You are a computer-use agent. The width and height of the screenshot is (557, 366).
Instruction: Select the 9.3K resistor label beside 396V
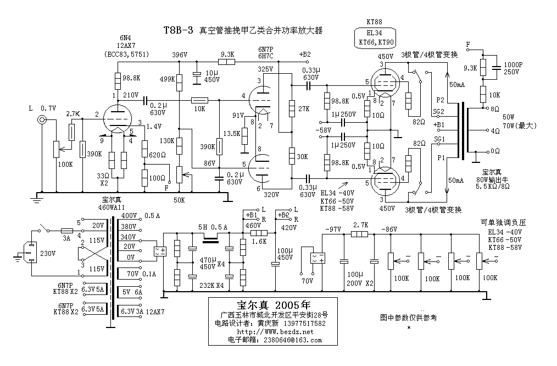[x=227, y=54]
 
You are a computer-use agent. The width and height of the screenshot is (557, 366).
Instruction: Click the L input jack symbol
[x=41, y=120]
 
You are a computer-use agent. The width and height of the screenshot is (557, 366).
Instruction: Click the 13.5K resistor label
[x=232, y=134]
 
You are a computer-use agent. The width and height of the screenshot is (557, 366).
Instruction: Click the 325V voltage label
[x=265, y=69]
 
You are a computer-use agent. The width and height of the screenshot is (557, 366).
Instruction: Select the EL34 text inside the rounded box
[x=374, y=32]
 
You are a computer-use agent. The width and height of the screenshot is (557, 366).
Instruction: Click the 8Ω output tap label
[x=495, y=109]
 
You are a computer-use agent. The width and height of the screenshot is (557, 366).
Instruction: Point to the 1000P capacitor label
[x=513, y=64]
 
